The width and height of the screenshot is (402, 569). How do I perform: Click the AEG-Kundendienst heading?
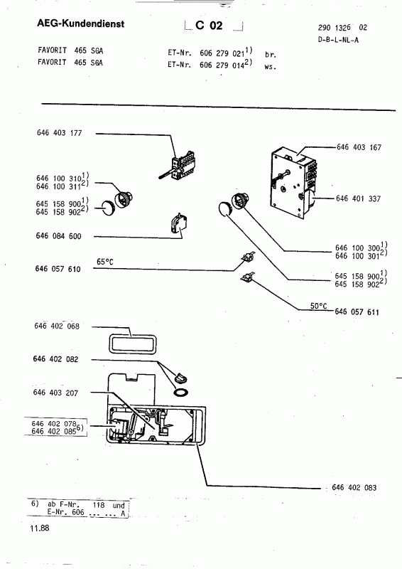point(80,24)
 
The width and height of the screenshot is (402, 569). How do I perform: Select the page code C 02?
point(209,25)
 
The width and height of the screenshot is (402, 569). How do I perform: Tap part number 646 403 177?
point(60,133)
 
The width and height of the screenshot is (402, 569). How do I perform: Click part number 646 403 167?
point(359,147)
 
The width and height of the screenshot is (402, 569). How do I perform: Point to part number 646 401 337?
point(358,198)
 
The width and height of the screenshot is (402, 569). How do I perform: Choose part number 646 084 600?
point(58,236)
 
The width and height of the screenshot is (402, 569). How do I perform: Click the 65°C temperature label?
point(104,262)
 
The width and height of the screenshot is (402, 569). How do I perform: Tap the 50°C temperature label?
point(318,306)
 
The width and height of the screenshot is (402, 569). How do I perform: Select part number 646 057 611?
point(357,312)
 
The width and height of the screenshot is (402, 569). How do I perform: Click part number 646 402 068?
point(57,326)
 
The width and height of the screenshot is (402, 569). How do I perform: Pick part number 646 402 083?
point(354,487)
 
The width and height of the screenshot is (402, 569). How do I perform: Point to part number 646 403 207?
point(55,393)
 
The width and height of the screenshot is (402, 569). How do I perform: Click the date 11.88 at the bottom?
point(40,528)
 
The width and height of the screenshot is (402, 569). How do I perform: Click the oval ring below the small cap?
point(181,392)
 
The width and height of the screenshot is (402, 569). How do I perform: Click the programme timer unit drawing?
point(293,183)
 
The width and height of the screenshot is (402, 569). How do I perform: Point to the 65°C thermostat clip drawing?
point(248,258)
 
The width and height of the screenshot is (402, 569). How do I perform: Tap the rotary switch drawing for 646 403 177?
point(180,166)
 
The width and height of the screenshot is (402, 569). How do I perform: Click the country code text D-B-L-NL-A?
point(338,40)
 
